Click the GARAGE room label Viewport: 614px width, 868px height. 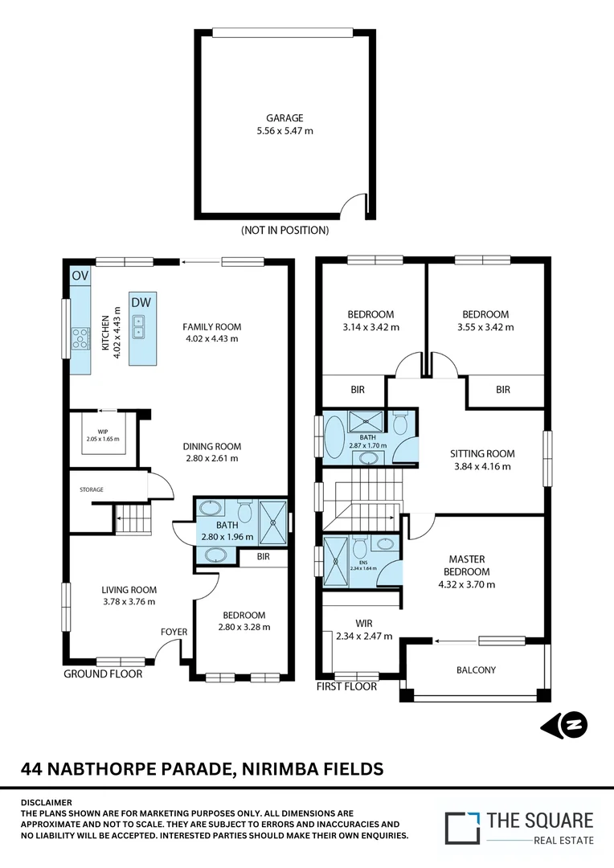(284, 118)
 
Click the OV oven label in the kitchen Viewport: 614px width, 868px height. (80, 276)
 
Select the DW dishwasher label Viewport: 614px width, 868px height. (141, 302)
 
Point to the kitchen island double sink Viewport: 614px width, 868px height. (139, 325)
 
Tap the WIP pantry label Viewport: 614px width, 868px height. (102, 430)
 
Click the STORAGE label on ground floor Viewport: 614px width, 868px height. (91, 489)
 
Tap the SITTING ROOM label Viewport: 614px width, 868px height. (482, 453)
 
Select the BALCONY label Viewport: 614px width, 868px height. (476, 669)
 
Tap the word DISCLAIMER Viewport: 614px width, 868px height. (46, 802)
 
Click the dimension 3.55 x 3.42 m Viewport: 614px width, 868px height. (485, 327)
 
